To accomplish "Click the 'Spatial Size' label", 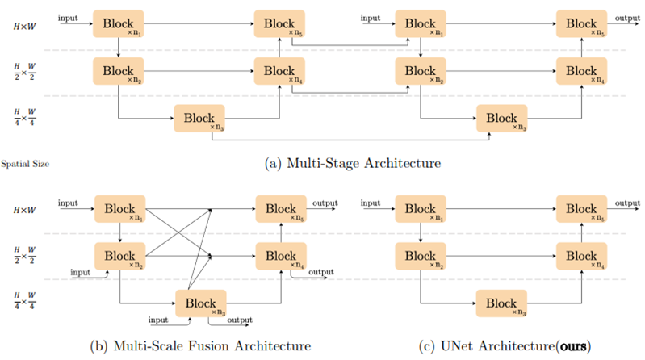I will click(x=26, y=163).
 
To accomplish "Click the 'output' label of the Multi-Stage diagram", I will click(x=626, y=18).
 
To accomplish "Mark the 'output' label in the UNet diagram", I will click(x=627, y=203).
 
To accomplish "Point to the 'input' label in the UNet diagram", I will click(x=370, y=203).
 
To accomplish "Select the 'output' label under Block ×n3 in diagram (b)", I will click(x=240, y=321).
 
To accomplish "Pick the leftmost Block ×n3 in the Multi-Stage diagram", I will click(x=199, y=119).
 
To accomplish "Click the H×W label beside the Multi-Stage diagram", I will click(x=27, y=27).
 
